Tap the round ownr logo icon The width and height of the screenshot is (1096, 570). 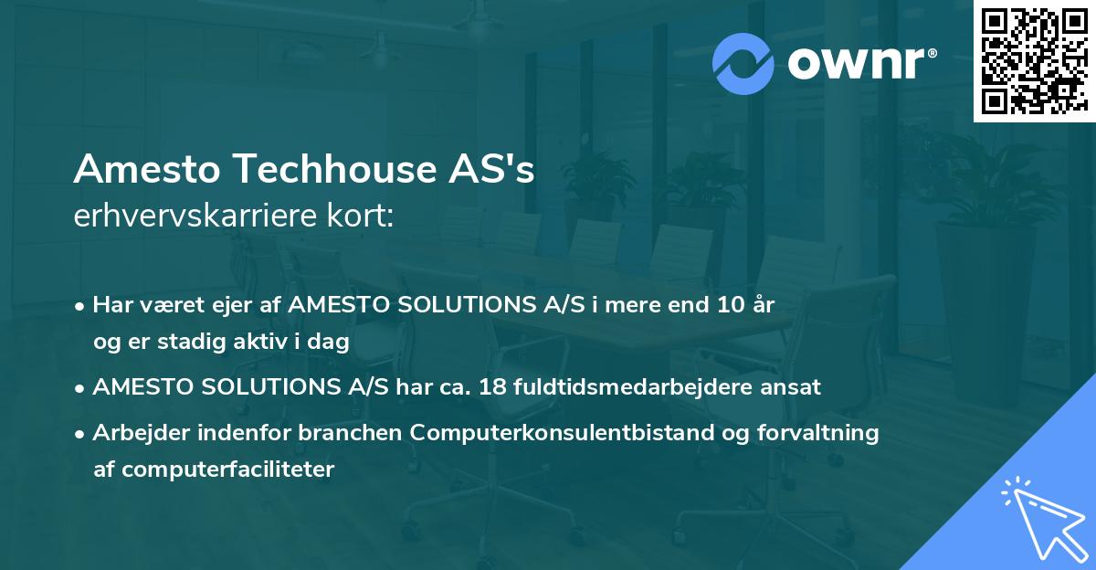(743, 63)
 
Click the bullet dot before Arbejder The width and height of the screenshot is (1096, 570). (81, 434)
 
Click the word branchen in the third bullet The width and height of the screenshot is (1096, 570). (360, 433)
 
